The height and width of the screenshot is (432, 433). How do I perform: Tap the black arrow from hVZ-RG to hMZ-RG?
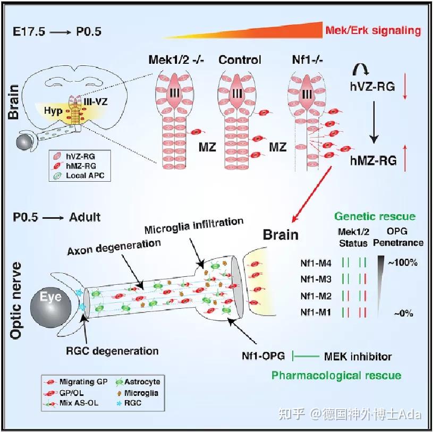click(x=375, y=122)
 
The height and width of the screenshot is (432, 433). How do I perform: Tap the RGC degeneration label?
click(x=112, y=350)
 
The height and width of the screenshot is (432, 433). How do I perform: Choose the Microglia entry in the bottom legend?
click(x=140, y=393)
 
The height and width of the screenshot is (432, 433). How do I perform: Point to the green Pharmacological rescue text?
click(x=336, y=376)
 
